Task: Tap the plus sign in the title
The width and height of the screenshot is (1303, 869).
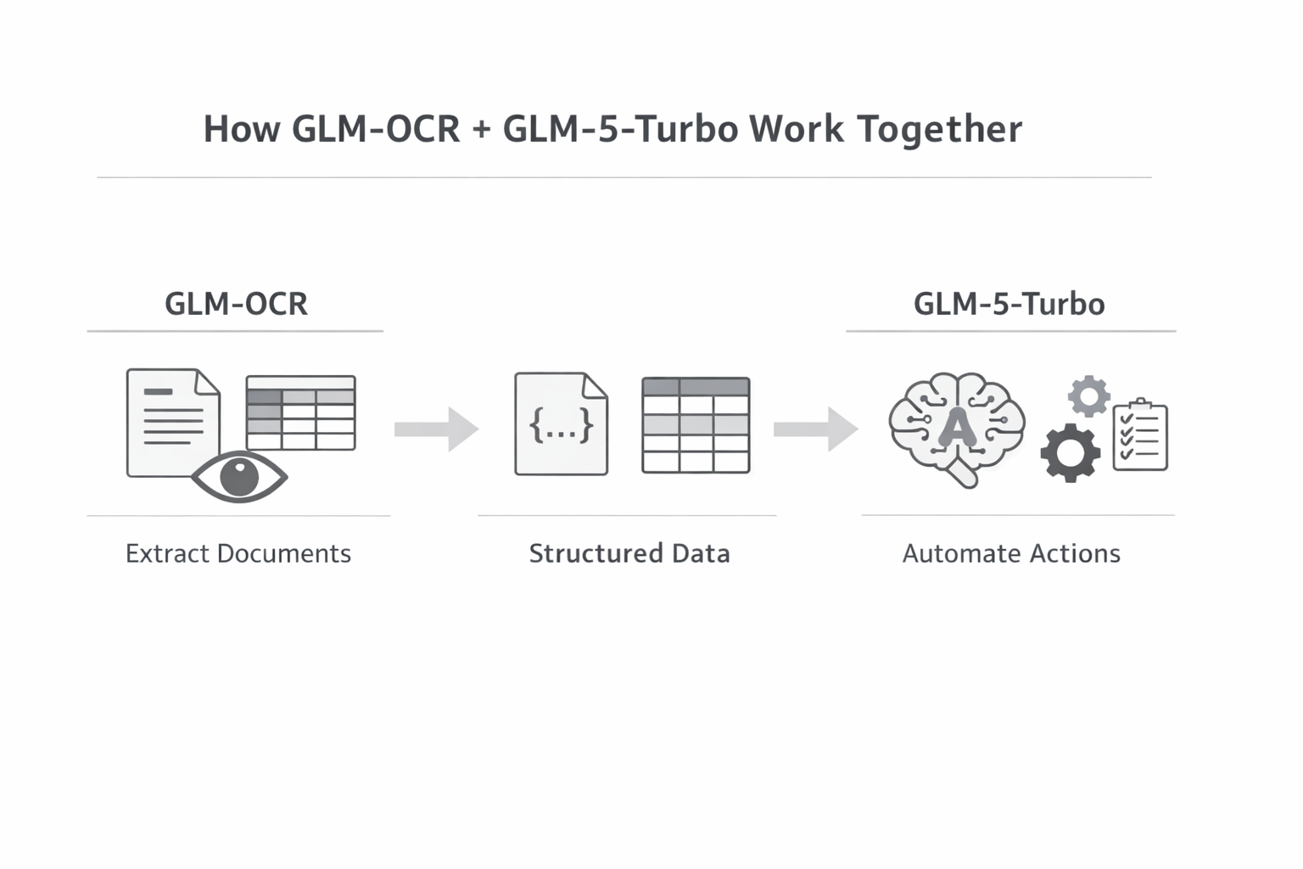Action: pyautogui.click(x=482, y=130)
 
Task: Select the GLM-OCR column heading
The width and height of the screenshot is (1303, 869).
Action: pyautogui.click(x=236, y=304)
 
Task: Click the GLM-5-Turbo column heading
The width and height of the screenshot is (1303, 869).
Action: pyautogui.click(x=1009, y=304)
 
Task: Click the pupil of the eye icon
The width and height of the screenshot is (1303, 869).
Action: pyautogui.click(x=239, y=477)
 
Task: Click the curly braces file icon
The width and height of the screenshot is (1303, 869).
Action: pyautogui.click(x=561, y=423)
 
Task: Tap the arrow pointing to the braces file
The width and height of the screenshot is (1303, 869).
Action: pyautogui.click(x=436, y=429)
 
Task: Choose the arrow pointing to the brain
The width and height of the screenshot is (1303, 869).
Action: pyautogui.click(x=815, y=429)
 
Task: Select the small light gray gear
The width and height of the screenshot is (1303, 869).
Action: pyautogui.click(x=1089, y=395)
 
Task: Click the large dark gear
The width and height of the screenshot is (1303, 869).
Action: pyautogui.click(x=1071, y=453)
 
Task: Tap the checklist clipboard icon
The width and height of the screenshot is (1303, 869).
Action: pyautogui.click(x=1140, y=435)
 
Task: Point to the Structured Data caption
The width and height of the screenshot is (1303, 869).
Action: pyautogui.click(x=629, y=554)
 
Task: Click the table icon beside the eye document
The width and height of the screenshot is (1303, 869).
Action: pyautogui.click(x=300, y=413)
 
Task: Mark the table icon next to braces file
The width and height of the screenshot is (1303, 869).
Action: pyautogui.click(x=696, y=425)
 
